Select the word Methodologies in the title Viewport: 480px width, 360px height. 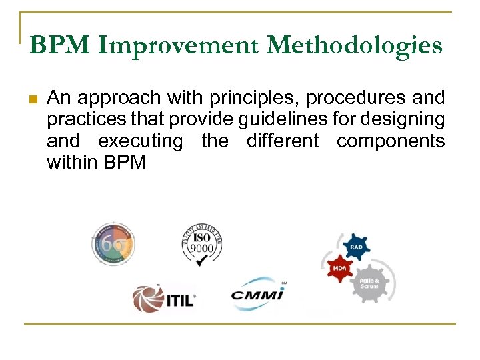coord(354,45)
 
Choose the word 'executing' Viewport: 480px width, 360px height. coord(140,142)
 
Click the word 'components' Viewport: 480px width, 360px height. coord(390,142)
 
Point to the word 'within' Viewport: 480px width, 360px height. coord(70,163)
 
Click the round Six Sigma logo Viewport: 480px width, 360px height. coord(113,244)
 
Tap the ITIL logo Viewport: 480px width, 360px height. coord(163,298)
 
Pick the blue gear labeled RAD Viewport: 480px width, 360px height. coord(357,247)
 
